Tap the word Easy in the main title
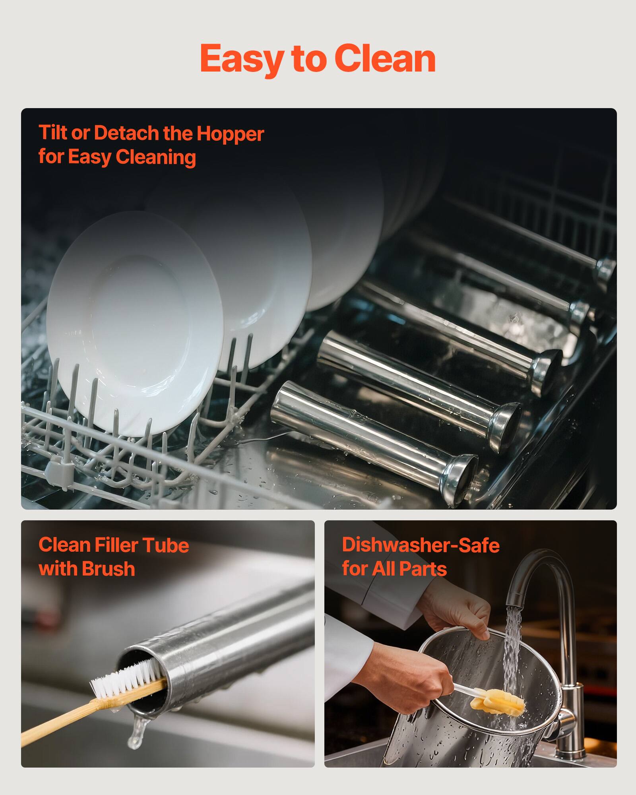(242, 60)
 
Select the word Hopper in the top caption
(230, 134)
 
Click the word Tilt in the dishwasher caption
(53, 133)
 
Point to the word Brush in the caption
(109, 569)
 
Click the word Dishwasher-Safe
(421, 545)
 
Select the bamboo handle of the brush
(60, 715)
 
